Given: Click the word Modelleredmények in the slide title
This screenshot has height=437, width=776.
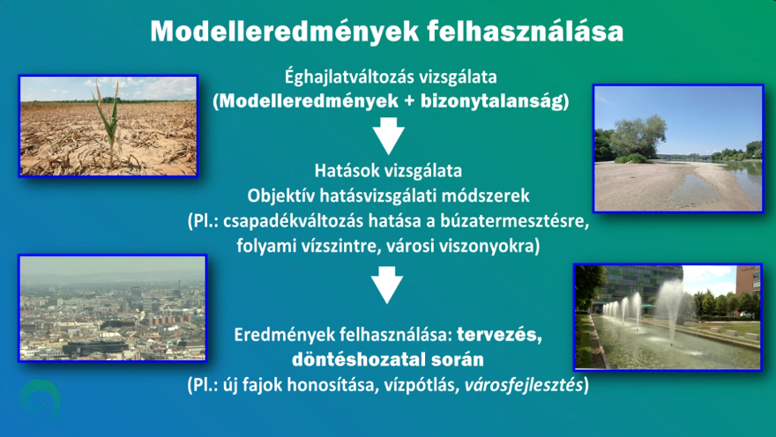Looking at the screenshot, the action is [x=285, y=32].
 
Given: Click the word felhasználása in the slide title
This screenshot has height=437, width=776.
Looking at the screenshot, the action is [x=525, y=31].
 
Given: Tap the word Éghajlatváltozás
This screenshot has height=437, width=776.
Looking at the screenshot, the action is [x=348, y=78].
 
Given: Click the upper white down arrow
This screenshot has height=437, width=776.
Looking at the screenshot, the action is [x=389, y=136].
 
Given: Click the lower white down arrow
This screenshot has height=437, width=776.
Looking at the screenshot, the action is [x=387, y=285].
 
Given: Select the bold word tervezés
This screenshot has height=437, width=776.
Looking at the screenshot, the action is [x=499, y=335].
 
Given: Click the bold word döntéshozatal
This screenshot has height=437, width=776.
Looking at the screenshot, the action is [x=356, y=359].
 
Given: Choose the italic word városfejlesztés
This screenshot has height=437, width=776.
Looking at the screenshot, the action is [x=524, y=385].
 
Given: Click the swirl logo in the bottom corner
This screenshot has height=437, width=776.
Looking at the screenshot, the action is [x=40, y=399].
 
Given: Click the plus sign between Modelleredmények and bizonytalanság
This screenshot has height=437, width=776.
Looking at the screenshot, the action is [x=409, y=102].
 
